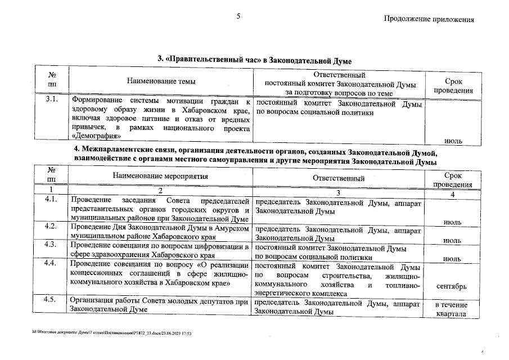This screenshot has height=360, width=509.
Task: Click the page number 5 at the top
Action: pos(238,16)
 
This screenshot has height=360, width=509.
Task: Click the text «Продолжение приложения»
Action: pos(429,19)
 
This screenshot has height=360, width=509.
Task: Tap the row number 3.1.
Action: pos(52,101)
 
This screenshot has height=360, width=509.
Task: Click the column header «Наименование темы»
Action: pos(161,82)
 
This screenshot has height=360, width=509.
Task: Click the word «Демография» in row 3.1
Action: pos(96,136)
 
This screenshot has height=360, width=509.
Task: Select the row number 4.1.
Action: pos(52,199)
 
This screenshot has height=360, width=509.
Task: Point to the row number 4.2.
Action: pos(52,226)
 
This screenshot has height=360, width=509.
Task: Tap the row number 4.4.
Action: pos(52,263)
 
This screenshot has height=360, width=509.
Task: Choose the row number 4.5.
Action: pos(52,299)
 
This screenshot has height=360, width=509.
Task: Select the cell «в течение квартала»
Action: pos(451,309)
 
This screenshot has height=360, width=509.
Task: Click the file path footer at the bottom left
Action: pos(112,333)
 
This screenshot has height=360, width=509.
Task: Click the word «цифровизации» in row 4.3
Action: pos(214,246)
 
